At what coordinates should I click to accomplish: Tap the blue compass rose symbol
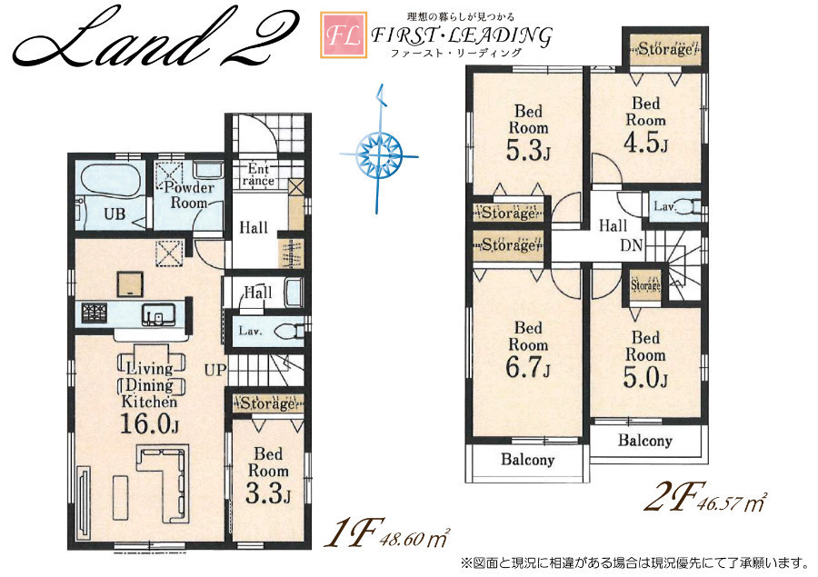pyautogui.click(x=379, y=154)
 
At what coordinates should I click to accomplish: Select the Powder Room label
pyautogui.click(x=189, y=195)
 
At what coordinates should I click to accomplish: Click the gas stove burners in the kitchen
pyautogui.click(x=94, y=313)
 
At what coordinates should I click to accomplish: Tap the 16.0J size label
pyautogui.click(x=150, y=424)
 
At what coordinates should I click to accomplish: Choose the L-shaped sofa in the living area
pyautogui.click(x=163, y=483)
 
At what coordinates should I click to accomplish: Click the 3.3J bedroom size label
pyautogui.click(x=267, y=493)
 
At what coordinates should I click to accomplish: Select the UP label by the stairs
pyautogui.click(x=214, y=371)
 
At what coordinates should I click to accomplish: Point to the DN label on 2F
pyautogui.click(x=632, y=244)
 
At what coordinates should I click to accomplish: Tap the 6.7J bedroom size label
pyautogui.click(x=528, y=367)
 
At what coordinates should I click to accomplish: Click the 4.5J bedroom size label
pyautogui.click(x=645, y=142)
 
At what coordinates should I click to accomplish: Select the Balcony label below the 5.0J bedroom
pyautogui.click(x=644, y=441)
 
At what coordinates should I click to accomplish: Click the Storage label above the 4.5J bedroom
pyautogui.click(x=665, y=49)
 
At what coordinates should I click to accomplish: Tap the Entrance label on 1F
pyautogui.click(x=259, y=174)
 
